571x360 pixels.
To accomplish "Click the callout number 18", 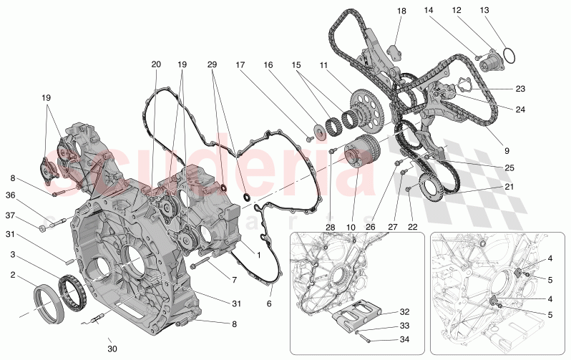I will coord(401,11).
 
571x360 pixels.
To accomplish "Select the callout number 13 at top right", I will coord(504,11).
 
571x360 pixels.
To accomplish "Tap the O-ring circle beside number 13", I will coord(509,56).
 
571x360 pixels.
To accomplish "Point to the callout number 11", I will coord(323,64).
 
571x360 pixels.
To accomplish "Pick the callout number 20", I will coord(156,64).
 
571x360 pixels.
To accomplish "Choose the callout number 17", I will coord(241,64).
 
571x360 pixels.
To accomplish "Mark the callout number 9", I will coord(506,151).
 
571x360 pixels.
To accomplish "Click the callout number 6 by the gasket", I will coord(269,303).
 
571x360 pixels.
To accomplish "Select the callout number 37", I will coord(11,215).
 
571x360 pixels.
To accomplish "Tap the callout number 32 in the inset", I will coord(405,312).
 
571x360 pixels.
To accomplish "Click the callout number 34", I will coord(405,340).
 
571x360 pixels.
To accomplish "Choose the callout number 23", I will coord(520,89).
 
